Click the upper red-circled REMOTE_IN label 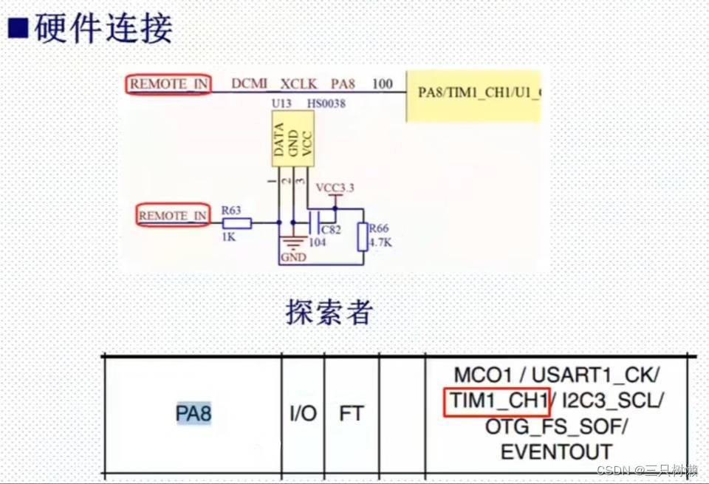click(x=168, y=84)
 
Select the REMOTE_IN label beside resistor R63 click(x=174, y=216)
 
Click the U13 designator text click(x=281, y=103)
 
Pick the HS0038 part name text click(x=326, y=103)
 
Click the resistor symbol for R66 click(x=363, y=236)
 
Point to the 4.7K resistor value click(x=380, y=242)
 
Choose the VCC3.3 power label click(x=335, y=188)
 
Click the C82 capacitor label click(x=332, y=231)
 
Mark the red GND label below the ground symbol click(x=293, y=258)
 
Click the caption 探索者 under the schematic click(x=329, y=313)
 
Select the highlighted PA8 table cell click(x=193, y=413)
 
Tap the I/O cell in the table click(x=303, y=413)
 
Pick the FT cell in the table click(x=351, y=413)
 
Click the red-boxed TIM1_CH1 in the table click(x=496, y=401)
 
